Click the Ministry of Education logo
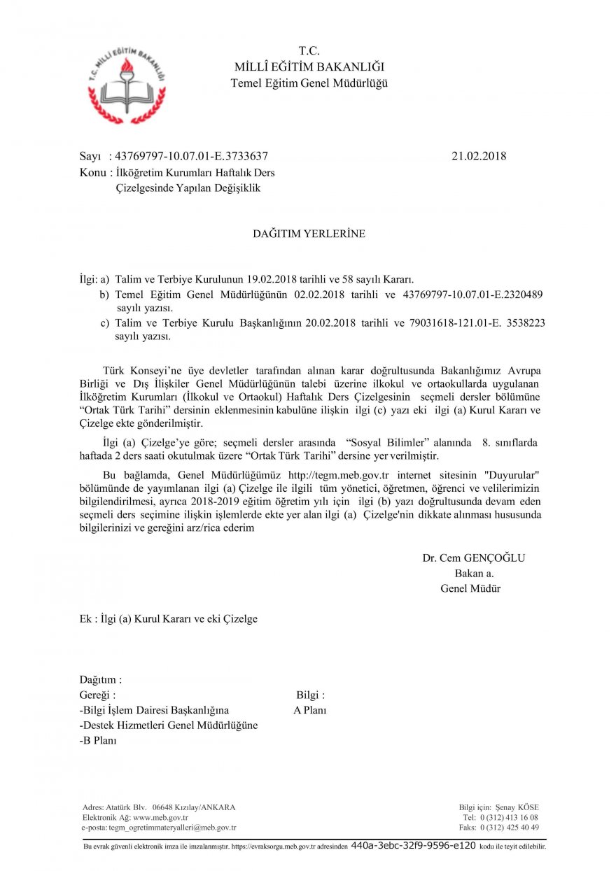127,83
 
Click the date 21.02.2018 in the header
479,156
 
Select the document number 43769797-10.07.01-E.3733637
191,156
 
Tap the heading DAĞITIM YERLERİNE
309,234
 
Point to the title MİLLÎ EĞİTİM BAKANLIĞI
309,67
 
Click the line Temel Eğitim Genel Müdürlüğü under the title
309,83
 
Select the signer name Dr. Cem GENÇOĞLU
473,558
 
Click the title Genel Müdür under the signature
470,588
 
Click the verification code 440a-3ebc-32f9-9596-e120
413,846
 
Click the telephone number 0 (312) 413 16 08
509,817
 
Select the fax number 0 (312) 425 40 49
509,827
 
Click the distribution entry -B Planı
98,740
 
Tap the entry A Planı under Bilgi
310,710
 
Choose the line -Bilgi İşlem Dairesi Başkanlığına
154,710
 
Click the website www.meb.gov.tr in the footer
160,817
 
